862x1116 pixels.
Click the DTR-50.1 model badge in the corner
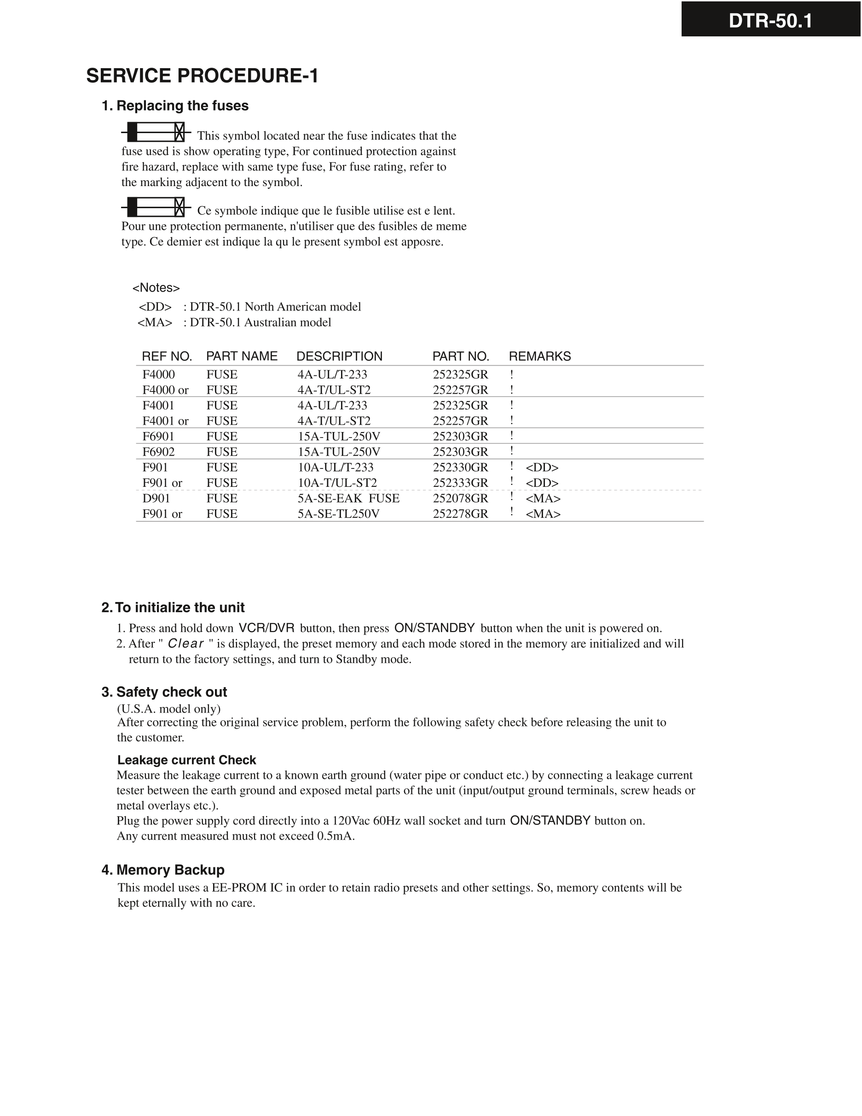[770, 21]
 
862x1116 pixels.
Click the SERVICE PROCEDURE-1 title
[202, 76]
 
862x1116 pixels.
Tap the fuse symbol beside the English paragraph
[156, 132]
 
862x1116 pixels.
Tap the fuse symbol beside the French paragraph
[156, 207]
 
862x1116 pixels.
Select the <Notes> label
[156, 288]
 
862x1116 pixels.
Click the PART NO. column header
[461, 356]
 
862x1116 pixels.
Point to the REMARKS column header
[540, 356]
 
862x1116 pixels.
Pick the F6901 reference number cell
[158, 436]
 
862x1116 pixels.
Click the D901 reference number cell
[156, 498]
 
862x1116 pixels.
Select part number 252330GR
[460, 467]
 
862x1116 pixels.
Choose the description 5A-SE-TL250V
[339, 514]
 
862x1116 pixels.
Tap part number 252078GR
[460, 498]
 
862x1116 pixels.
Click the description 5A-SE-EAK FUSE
[348, 498]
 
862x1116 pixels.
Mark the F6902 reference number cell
[158, 452]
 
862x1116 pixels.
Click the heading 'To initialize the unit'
[179, 608]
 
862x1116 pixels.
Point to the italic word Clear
[186, 644]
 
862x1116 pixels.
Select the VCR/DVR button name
[266, 628]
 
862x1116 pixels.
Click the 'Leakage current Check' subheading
[186, 760]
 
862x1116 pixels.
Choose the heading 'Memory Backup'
[170, 870]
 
